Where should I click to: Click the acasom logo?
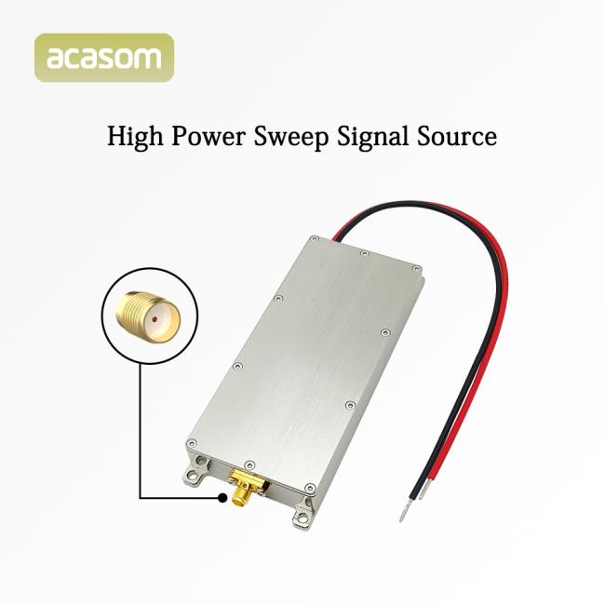(x=104, y=58)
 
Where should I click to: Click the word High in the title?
(x=135, y=137)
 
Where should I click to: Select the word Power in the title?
(x=208, y=136)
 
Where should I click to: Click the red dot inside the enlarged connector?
(x=155, y=319)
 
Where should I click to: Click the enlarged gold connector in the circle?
(x=148, y=316)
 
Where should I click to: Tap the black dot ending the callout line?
(x=222, y=498)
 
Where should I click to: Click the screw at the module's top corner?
(x=315, y=239)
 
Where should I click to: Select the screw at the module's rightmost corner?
(x=416, y=268)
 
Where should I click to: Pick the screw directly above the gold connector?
(x=249, y=464)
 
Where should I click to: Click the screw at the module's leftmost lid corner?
(x=192, y=443)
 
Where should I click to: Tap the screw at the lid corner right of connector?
(x=310, y=488)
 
